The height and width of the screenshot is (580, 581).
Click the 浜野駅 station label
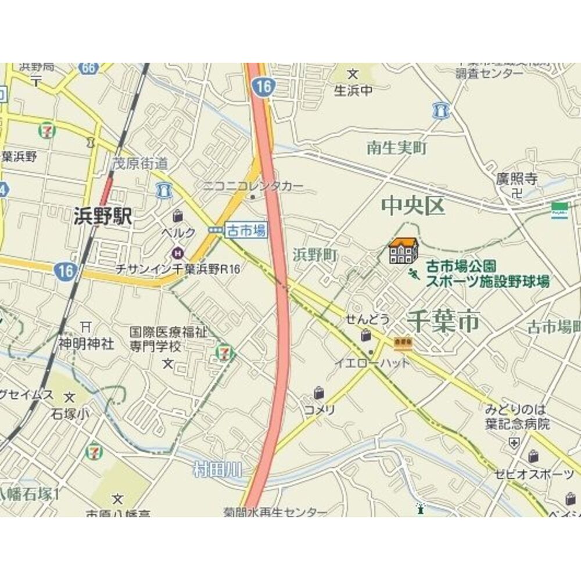[x=103, y=217]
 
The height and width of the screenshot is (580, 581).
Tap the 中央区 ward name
[x=413, y=206]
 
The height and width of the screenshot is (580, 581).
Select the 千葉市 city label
[x=443, y=321]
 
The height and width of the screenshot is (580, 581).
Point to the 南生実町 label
[x=397, y=148]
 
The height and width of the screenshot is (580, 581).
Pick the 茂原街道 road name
[x=139, y=164]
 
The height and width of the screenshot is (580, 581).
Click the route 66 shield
[x=88, y=68]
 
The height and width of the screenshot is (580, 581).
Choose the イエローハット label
[x=371, y=363]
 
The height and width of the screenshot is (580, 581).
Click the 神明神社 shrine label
[x=86, y=344]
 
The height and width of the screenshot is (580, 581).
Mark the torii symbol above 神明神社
[x=86, y=326]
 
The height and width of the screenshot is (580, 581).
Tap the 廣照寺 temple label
[x=517, y=179]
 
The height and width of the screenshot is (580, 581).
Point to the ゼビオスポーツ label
[x=533, y=474]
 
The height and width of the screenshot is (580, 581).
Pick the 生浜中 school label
[x=353, y=90]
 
